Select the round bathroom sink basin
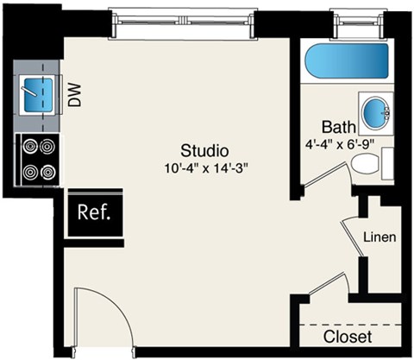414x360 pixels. point(375,112)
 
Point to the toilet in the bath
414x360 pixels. point(367,164)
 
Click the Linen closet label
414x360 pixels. point(379,237)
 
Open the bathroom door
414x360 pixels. point(323,174)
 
